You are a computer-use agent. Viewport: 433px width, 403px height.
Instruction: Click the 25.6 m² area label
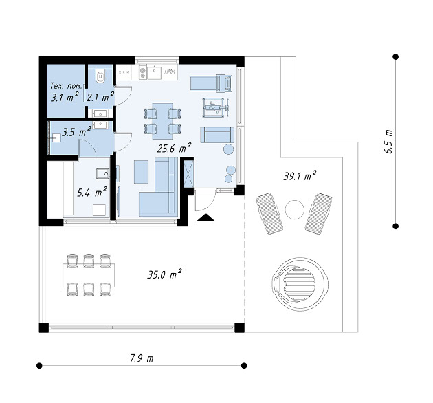click(174, 148)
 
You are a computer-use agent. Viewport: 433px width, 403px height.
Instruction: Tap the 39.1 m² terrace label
click(300, 175)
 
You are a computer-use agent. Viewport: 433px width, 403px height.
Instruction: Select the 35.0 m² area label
click(164, 274)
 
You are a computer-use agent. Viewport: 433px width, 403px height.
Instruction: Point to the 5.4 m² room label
click(92, 192)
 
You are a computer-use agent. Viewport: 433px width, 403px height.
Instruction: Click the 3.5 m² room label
click(76, 131)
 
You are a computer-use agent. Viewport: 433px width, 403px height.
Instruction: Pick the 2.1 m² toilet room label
click(100, 97)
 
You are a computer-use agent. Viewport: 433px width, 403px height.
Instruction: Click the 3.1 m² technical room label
click(65, 97)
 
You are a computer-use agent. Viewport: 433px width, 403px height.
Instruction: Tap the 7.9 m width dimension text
click(142, 358)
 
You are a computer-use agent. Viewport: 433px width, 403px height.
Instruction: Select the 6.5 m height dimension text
click(388, 141)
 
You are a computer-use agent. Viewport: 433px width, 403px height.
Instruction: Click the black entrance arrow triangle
click(206, 217)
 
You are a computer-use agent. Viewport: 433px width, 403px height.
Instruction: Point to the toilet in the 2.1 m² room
click(100, 76)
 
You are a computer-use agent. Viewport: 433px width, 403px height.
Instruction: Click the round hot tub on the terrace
click(300, 284)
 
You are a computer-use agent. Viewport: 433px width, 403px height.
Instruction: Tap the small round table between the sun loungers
click(295, 210)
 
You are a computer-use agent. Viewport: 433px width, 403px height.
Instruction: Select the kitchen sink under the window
click(154, 72)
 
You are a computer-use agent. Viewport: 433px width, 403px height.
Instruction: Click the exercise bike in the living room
click(216, 107)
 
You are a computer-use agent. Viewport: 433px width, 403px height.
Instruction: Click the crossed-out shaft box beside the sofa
click(188, 174)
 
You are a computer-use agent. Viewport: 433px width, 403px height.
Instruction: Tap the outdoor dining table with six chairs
click(89, 275)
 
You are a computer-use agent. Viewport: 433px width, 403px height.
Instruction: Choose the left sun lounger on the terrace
click(269, 214)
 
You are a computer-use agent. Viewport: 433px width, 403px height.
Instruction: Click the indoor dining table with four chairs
click(162, 121)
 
